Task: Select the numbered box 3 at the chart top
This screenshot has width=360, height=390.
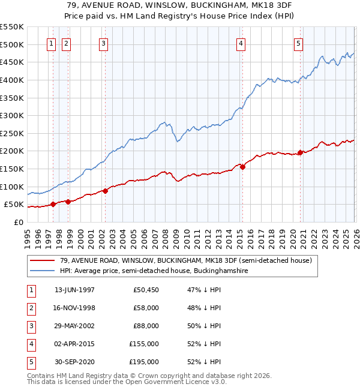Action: pos(103,43)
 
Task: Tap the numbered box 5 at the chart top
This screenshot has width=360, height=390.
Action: pos(298,43)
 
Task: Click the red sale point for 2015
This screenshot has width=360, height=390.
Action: pos(242,167)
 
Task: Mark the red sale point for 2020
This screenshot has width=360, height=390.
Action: pos(300,152)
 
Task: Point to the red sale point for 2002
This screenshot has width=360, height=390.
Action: pos(105,191)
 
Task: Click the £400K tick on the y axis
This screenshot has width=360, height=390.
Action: pos(11,80)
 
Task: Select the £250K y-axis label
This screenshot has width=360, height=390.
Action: pos(11,133)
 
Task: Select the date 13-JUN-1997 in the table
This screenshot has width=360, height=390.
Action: pos(74,290)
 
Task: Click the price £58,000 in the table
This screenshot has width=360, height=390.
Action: pos(145,308)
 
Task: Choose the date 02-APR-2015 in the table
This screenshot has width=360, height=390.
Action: pos(74,344)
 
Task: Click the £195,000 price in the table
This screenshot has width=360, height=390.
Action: pos(144,362)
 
